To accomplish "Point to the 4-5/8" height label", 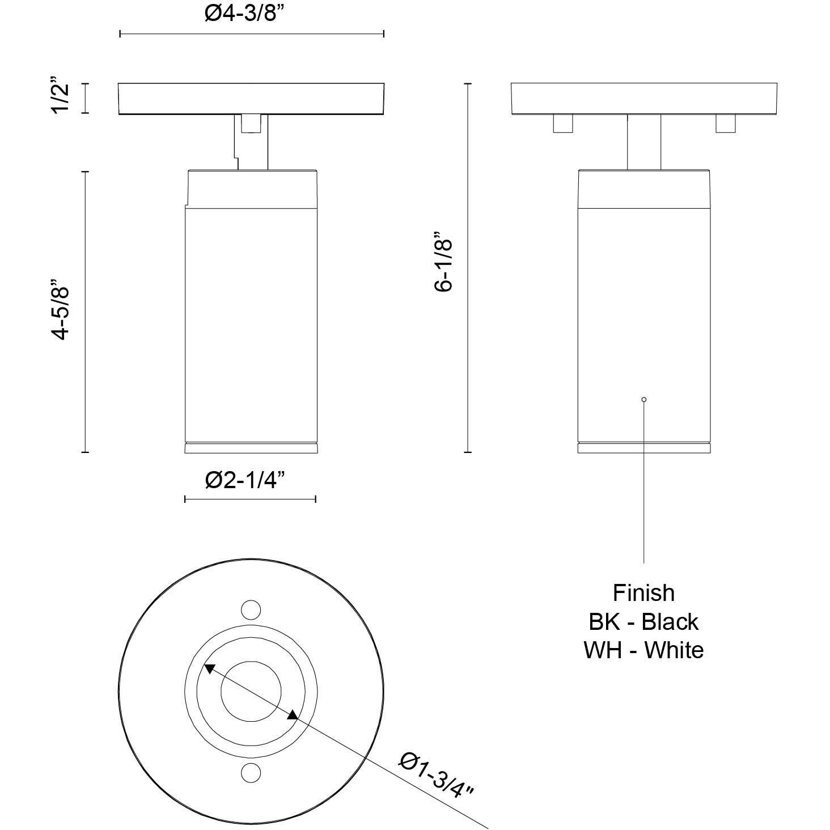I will pyautogui.click(x=61, y=310).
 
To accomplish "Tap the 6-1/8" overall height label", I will pyautogui.click(x=444, y=261).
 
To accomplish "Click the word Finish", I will pyautogui.click(x=643, y=593).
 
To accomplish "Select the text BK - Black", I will pyautogui.click(x=643, y=622).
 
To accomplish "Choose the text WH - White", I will pyautogui.click(x=643, y=650).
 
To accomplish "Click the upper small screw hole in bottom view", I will pyautogui.click(x=251, y=610).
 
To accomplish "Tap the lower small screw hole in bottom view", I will pyautogui.click(x=251, y=772).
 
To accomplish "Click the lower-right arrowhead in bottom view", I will pyautogui.click(x=292, y=715).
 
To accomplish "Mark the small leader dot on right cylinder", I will pyautogui.click(x=644, y=400).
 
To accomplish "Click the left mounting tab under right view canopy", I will pyautogui.click(x=562, y=124).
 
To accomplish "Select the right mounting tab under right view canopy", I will pyautogui.click(x=725, y=124).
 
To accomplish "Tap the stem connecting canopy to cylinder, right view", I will pyautogui.click(x=644, y=142).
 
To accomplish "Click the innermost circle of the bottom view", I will pyautogui.click(x=251, y=691).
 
